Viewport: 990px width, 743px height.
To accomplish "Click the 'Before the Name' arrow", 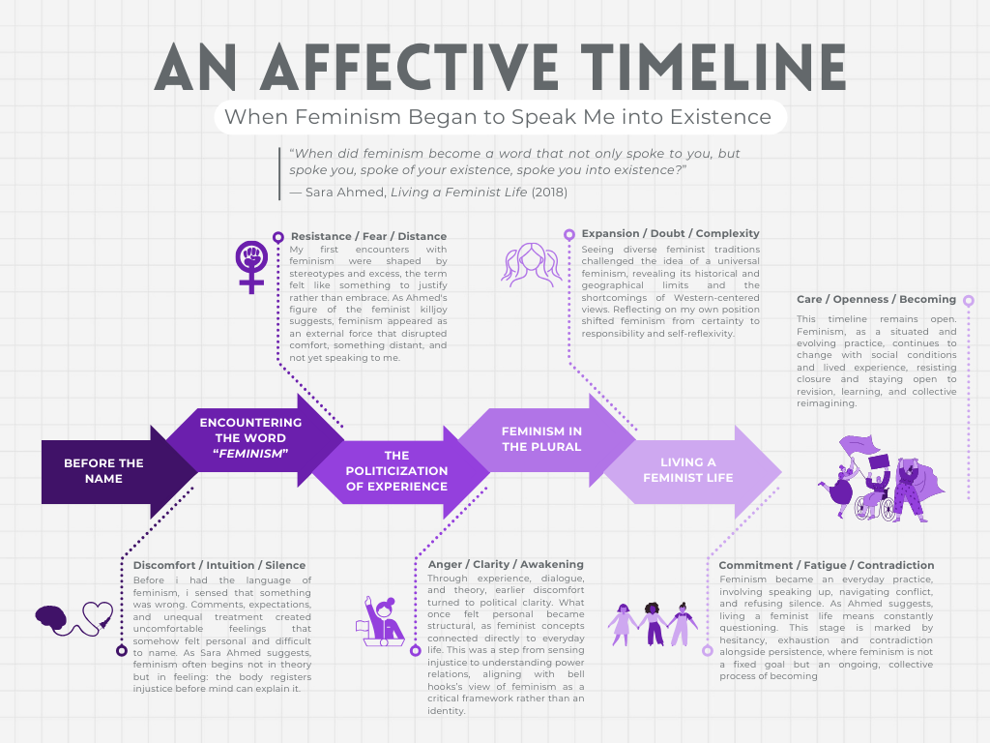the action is (x=104, y=471).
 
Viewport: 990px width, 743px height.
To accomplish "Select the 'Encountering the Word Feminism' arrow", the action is (x=249, y=438).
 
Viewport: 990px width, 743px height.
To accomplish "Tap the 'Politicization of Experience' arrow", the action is (x=396, y=471).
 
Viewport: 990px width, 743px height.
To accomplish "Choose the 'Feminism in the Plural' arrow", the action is (x=541, y=438).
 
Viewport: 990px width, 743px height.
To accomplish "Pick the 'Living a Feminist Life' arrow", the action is (x=688, y=470).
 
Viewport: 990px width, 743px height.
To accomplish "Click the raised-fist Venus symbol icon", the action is (x=252, y=266).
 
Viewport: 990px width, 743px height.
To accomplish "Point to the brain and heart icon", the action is (x=73, y=618).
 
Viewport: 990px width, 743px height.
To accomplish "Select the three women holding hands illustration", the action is (x=653, y=624).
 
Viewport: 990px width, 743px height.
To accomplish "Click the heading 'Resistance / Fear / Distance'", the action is (x=368, y=236).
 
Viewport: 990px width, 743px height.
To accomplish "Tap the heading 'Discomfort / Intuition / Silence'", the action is (x=219, y=565).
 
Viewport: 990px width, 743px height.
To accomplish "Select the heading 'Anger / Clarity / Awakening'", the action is (x=506, y=564).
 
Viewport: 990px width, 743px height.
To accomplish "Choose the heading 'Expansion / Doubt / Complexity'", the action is (x=670, y=233).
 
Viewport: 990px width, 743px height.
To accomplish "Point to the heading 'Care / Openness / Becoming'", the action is (x=876, y=299).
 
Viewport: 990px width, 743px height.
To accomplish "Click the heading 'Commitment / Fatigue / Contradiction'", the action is (x=827, y=565).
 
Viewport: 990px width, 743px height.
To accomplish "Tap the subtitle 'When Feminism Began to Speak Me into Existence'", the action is (x=498, y=118).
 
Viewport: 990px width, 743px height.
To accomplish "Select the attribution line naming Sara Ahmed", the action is (x=428, y=192).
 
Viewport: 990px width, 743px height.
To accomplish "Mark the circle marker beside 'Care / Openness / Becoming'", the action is (x=969, y=301).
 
